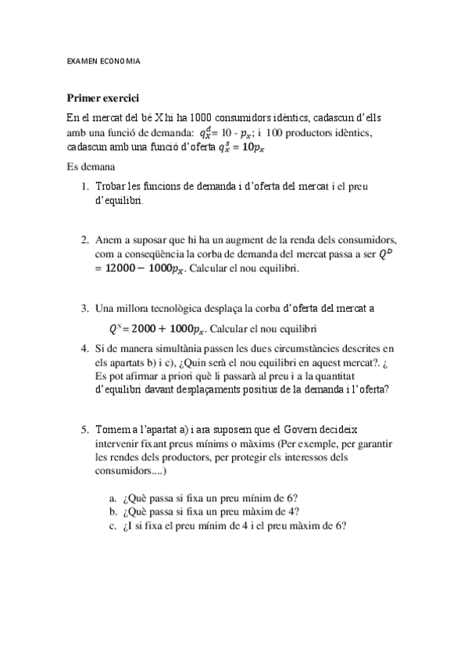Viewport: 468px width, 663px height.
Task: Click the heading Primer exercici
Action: [x=103, y=99]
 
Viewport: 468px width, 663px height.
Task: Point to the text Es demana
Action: [x=91, y=167]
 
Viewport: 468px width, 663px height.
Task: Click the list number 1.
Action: [x=84, y=187]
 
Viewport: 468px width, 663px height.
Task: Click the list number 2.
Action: [x=84, y=238]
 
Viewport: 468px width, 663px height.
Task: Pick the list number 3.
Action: [x=84, y=308]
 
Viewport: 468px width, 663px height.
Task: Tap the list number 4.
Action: [x=84, y=348]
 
